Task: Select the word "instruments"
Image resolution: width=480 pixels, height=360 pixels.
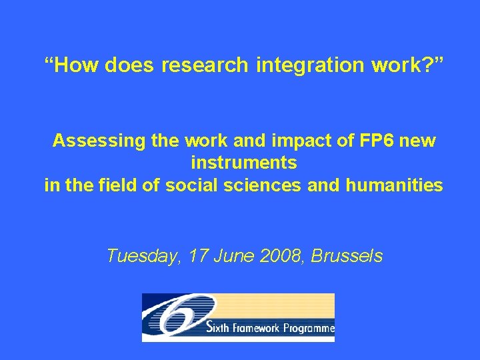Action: point(244,163)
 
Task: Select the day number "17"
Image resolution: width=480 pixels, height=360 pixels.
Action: point(198,255)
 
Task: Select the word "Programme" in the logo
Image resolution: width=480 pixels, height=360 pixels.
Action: point(309,329)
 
